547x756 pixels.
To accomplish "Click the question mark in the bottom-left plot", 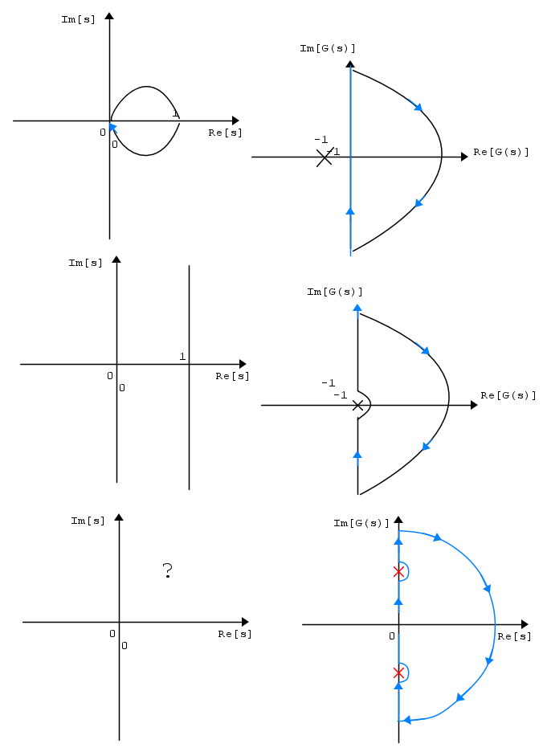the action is tap(167, 570).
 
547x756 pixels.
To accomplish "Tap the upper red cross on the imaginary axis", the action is tap(398, 572).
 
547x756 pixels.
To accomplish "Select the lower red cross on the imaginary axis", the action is tap(398, 672).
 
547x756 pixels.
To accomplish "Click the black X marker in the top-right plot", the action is tap(324, 157).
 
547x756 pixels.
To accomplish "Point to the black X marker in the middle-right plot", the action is tap(357, 406).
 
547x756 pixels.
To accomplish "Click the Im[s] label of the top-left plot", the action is tap(78, 19).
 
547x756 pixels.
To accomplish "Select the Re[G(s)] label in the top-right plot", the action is tap(500, 152).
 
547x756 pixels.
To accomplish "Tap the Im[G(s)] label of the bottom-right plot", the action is tap(361, 523).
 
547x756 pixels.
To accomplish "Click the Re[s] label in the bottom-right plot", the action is tap(514, 636).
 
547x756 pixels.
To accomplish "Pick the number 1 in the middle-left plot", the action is tap(182, 356).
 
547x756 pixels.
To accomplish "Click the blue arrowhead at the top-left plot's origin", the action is tap(112, 127).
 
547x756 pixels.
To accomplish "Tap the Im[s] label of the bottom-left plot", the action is tap(88, 521).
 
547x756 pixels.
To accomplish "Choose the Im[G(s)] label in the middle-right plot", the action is tap(334, 292).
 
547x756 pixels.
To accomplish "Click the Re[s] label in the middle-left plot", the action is tap(232, 376).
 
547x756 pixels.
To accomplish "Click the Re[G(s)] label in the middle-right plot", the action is tap(508, 395).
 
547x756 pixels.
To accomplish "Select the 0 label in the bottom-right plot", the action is tap(392, 636).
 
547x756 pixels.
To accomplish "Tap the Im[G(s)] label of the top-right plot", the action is tap(327, 48).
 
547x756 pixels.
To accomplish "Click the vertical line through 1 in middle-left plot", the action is tap(189, 378).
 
